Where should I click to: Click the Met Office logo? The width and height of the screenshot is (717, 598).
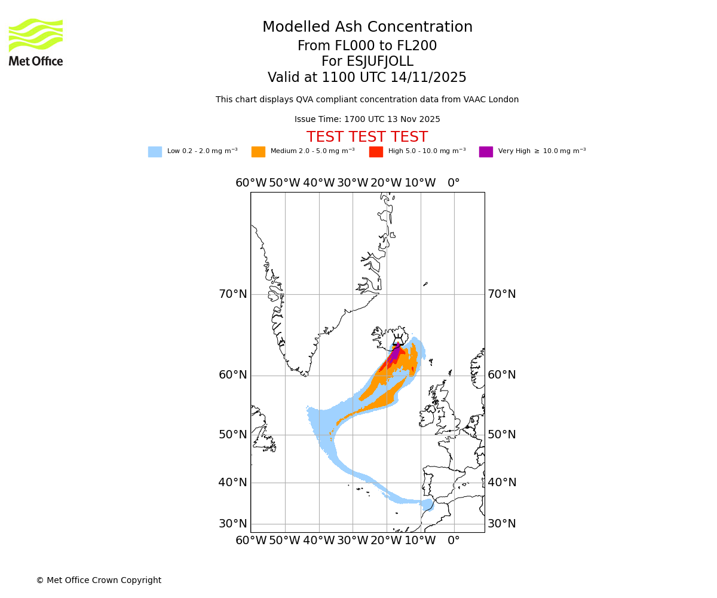(36, 42)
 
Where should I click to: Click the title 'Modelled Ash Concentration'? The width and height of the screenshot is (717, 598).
(367, 28)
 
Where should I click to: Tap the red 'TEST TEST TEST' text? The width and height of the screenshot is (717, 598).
(367, 137)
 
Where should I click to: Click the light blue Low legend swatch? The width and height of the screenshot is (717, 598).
(155, 152)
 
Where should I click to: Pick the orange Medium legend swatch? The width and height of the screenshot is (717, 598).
(258, 152)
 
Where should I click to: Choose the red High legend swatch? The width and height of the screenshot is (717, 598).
(376, 152)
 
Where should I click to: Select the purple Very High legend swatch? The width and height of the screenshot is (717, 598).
(486, 152)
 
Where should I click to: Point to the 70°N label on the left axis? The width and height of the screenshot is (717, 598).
(232, 294)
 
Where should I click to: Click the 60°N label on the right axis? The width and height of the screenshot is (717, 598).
(502, 375)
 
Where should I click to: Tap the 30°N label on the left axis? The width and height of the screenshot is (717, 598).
(232, 524)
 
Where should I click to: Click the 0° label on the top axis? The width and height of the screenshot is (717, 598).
(454, 183)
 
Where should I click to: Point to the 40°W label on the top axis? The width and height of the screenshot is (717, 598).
(318, 183)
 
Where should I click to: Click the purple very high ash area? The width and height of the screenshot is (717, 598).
(395, 352)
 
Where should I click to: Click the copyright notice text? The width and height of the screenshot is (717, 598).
(99, 581)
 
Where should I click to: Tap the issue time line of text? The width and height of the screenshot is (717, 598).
(367, 120)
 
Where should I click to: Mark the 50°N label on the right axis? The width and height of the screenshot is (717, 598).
(502, 435)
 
